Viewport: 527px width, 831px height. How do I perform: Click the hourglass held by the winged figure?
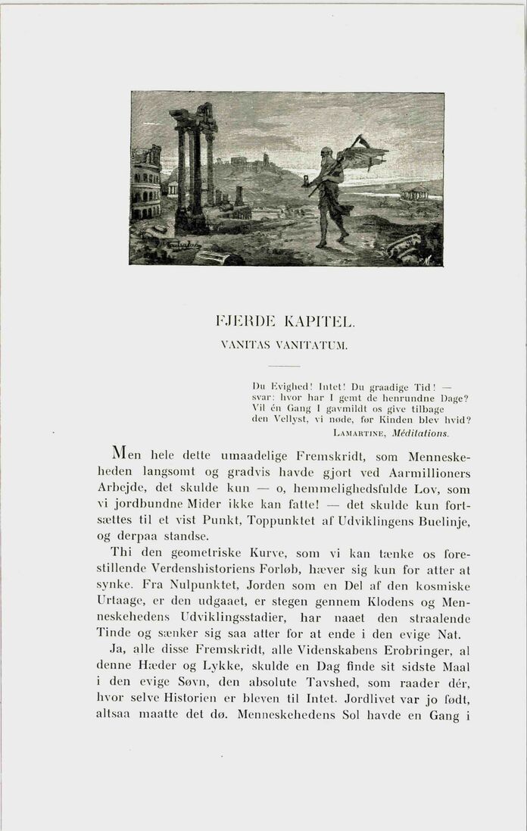pos(305,180)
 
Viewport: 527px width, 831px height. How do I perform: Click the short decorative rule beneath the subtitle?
pos(285,367)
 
